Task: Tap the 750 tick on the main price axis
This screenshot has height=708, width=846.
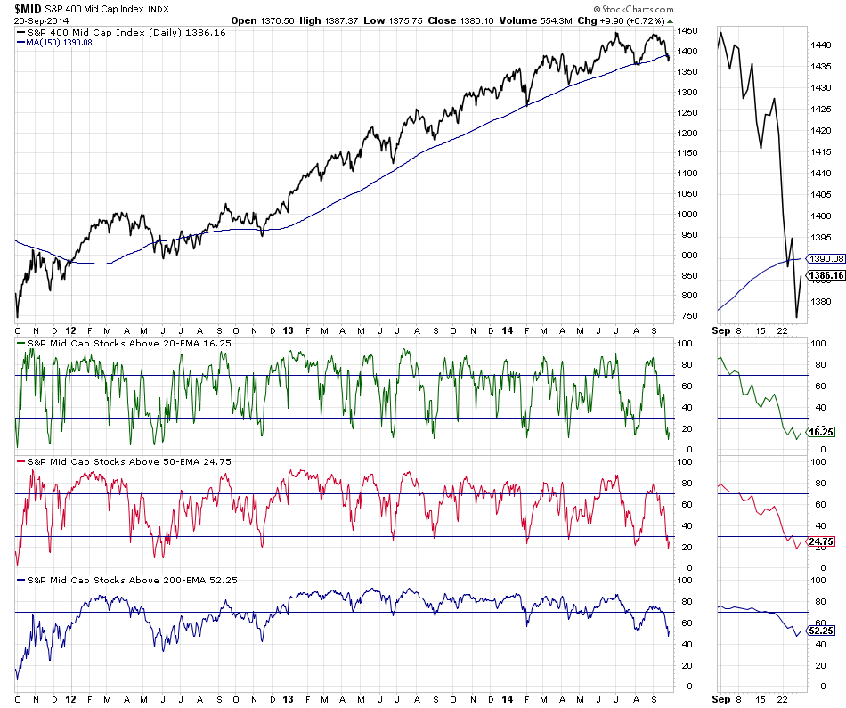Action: tap(686, 316)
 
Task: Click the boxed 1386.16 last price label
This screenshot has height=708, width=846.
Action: tap(824, 276)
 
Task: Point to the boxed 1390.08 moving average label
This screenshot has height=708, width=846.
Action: tap(824, 259)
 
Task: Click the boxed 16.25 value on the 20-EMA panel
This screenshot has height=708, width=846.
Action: tap(820, 432)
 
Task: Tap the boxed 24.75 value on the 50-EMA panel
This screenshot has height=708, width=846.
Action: tap(820, 541)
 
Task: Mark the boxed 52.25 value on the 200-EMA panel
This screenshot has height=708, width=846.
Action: tap(820, 631)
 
